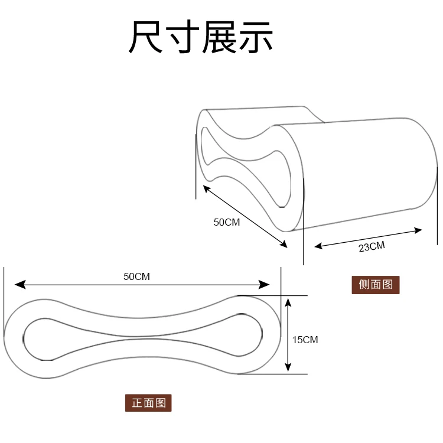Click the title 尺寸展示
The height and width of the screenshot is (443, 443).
point(201,37)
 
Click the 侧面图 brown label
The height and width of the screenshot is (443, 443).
point(376,285)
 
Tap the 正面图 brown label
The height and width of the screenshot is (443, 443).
point(148,403)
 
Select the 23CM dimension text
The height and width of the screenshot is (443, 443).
point(372,246)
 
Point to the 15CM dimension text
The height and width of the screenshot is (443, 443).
point(305,340)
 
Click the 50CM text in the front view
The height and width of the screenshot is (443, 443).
point(136,276)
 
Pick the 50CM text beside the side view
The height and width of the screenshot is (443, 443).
point(227,223)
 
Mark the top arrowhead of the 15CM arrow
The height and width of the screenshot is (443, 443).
point(288,302)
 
